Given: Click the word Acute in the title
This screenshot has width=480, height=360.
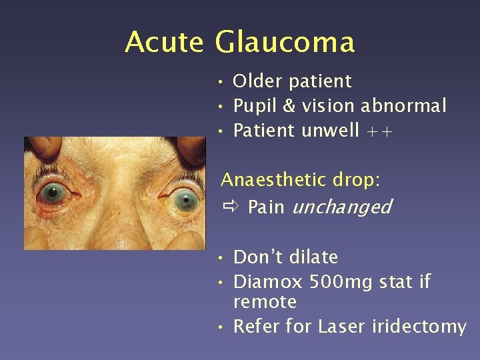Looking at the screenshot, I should pos(164,42).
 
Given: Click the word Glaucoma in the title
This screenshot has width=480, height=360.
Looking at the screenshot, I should pos(285,42).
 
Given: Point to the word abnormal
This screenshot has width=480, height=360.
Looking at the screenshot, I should pos(403,105).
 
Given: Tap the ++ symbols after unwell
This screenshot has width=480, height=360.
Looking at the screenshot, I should pos(379,131).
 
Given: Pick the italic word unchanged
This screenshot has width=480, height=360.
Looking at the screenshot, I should pos(341,207).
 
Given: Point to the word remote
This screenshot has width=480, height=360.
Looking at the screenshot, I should pos(265,302).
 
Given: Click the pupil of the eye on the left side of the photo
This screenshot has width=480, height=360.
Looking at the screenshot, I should pos(51,195).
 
